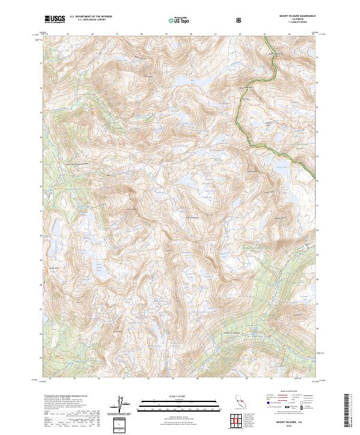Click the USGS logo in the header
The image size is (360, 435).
[55, 19]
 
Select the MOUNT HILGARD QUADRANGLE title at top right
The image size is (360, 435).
[292, 15]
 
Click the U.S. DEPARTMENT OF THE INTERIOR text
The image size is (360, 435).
[91, 16]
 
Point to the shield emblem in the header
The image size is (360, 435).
[240, 20]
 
